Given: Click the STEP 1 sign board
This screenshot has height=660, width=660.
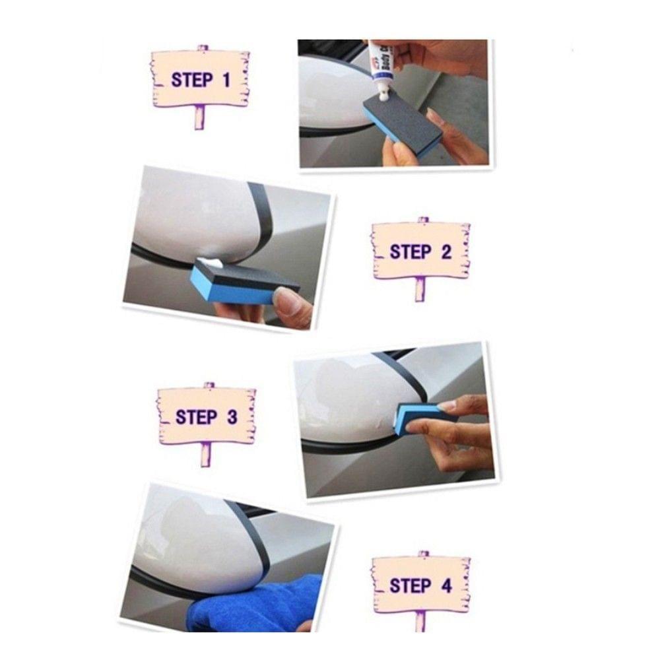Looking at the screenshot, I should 201,79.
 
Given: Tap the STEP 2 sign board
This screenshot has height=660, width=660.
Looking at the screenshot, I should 420,251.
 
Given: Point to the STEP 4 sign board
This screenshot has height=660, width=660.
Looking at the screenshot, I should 420,584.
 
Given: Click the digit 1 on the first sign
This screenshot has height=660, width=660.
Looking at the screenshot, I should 226,81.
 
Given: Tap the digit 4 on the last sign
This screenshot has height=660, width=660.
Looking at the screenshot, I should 446,585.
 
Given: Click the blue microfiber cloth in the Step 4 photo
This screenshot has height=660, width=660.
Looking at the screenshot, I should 257,604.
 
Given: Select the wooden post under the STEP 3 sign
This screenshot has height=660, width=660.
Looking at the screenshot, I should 207,454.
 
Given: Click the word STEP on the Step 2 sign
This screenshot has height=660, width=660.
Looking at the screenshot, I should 410,251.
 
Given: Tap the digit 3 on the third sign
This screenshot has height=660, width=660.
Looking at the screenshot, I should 232,417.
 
